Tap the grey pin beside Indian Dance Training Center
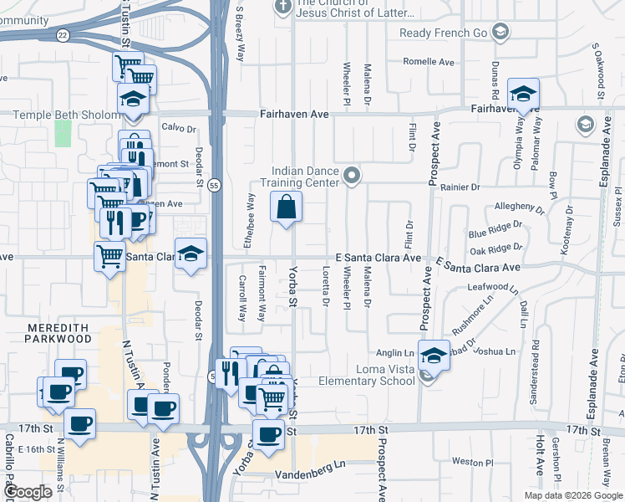[353, 176]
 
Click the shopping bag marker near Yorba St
[286, 207]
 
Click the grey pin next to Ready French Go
[500, 33]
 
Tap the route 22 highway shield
[64, 35]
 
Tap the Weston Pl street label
[473, 462]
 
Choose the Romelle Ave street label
[428, 62]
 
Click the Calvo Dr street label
[178, 128]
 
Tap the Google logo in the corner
[28, 492]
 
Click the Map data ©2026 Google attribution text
[572, 495]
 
